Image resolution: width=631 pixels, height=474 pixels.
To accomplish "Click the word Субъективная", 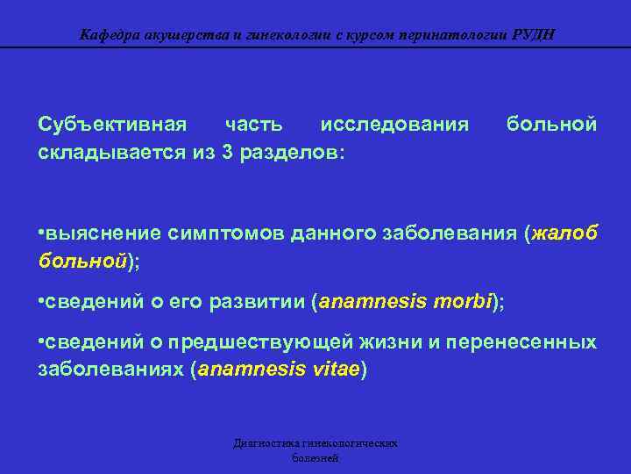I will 112,125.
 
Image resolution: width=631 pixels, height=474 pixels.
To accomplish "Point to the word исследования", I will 394,125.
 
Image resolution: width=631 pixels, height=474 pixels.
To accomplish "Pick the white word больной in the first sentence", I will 553,125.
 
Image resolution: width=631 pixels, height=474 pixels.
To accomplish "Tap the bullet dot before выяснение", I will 42,233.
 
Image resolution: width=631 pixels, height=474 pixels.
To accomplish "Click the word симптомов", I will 216,233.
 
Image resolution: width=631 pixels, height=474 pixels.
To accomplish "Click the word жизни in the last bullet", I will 391,341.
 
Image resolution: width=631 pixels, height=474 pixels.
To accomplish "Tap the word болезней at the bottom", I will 315,458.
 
